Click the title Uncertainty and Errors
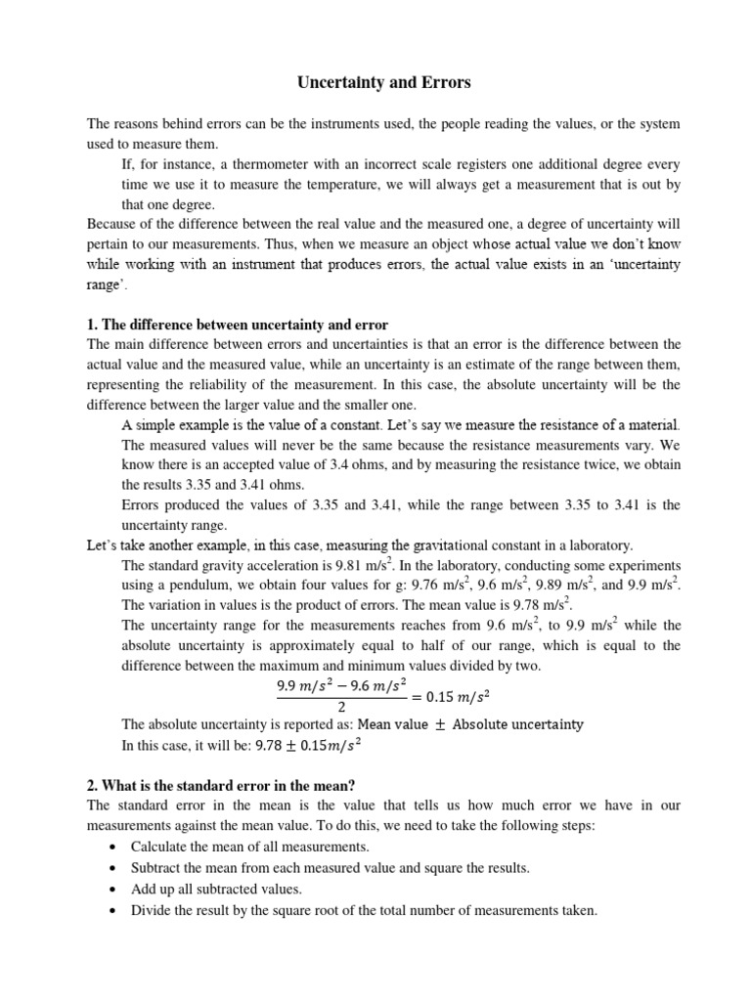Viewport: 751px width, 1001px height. pyautogui.click(x=383, y=83)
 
